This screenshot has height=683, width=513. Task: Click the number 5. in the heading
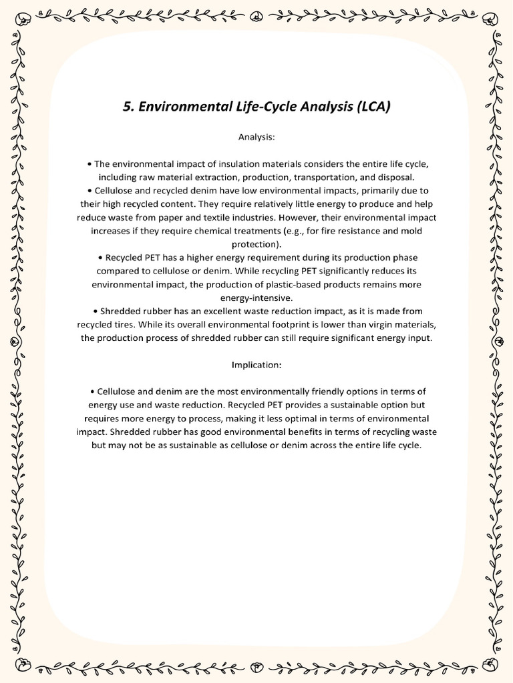point(128,107)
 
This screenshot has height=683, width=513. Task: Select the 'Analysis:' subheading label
point(256,137)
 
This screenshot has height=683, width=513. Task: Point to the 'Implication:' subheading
point(256,365)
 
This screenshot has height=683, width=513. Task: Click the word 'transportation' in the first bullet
point(319,177)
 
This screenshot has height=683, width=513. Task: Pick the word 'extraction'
point(225,177)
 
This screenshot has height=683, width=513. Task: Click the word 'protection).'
point(256,243)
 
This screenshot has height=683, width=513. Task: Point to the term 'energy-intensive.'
point(256,297)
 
